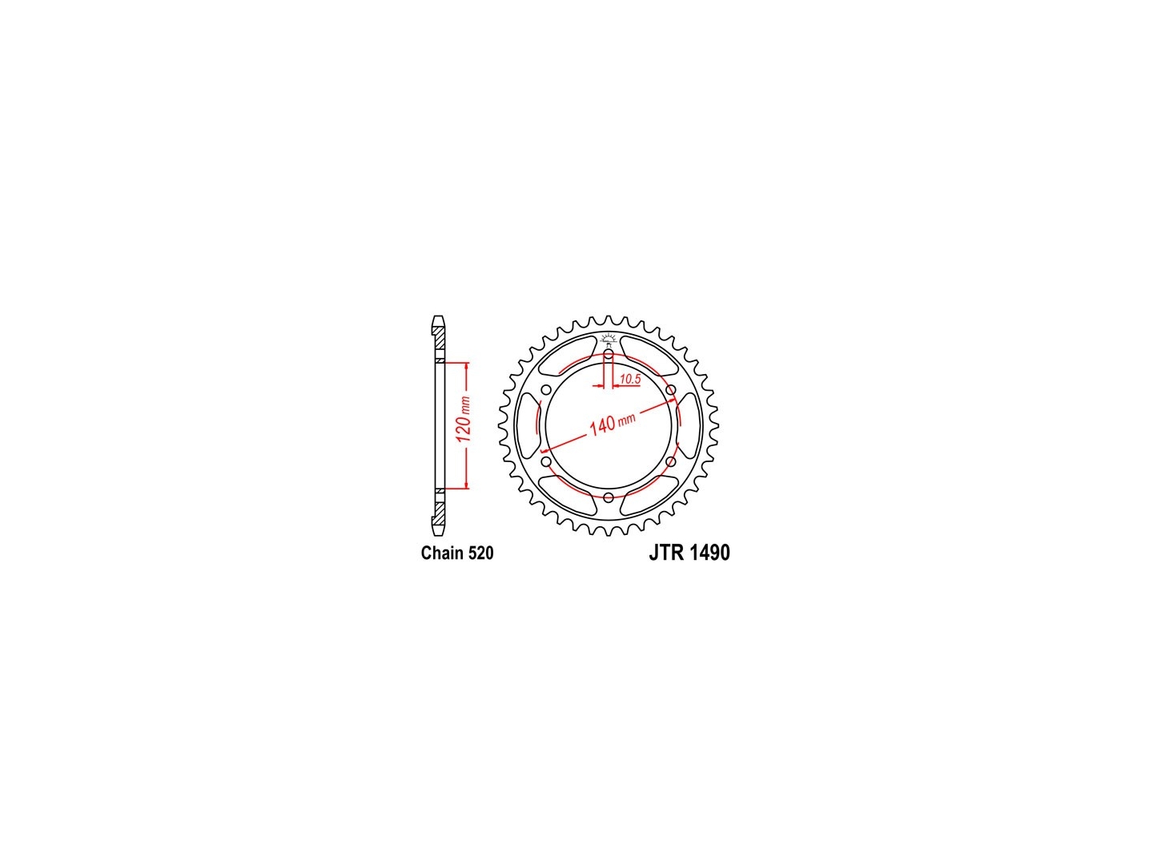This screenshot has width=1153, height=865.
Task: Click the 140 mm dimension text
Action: [612, 424]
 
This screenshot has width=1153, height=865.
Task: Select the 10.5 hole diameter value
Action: [630, 379]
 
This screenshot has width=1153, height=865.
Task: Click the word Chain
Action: [440, 553]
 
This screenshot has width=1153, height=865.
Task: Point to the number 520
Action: [479, 553]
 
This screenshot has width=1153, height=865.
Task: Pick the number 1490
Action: [710, 553]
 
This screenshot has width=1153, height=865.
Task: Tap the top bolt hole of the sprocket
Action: [609, 355]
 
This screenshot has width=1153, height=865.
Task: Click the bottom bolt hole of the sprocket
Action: [609, 497]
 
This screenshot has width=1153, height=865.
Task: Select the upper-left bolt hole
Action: [546, 390]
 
